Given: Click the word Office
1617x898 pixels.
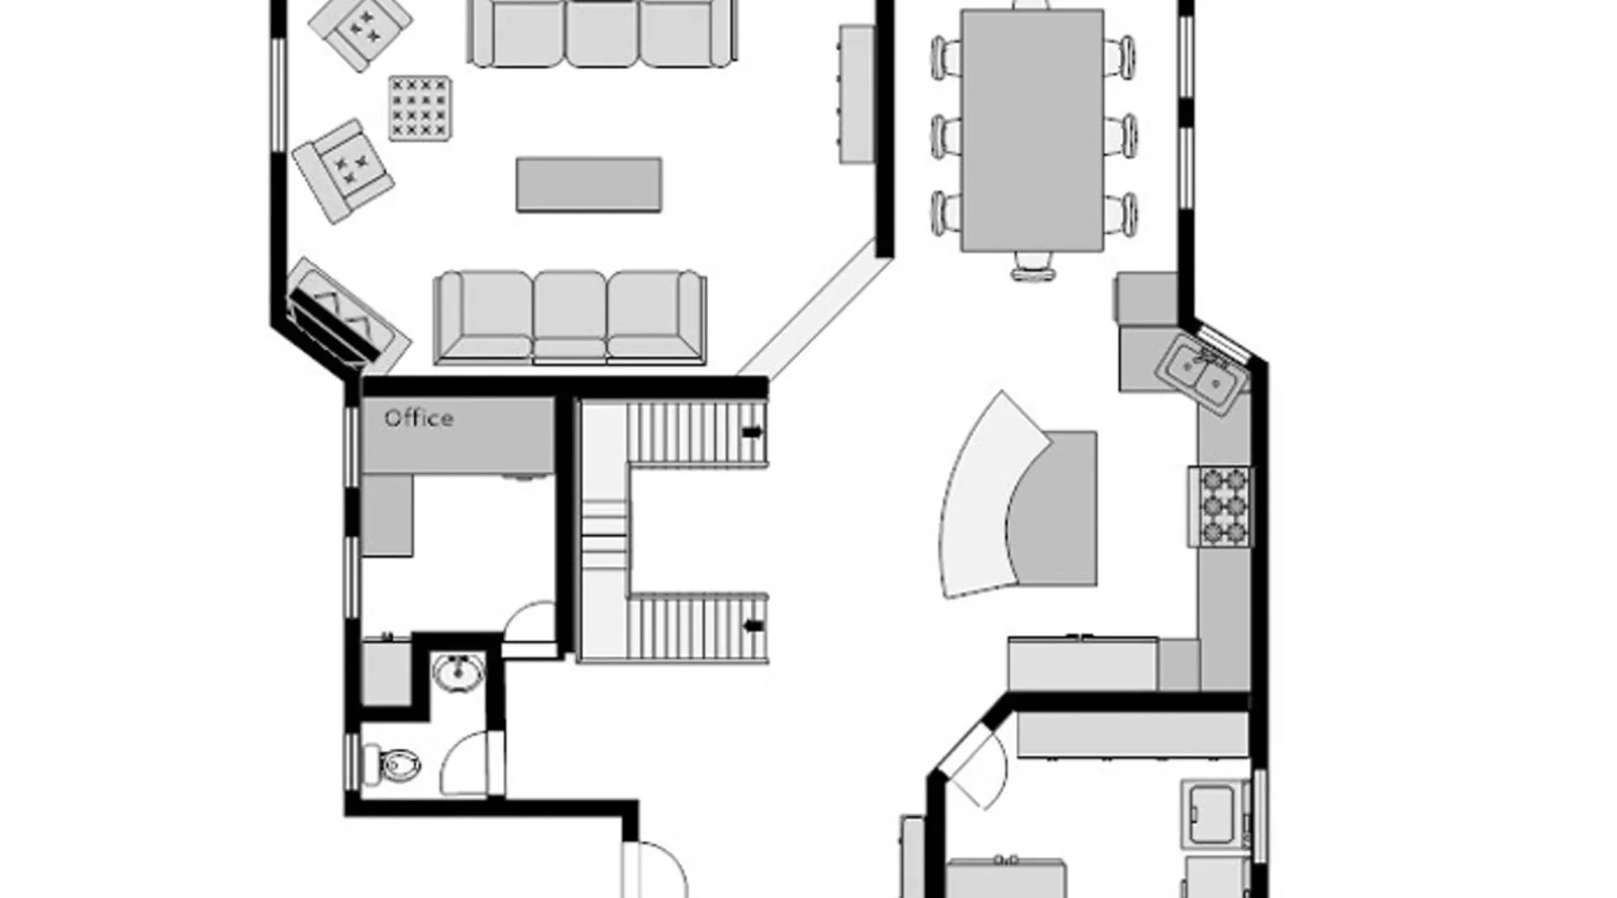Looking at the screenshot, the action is (x=419, y=418).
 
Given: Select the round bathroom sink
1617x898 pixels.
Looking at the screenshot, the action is (x=458, y=673).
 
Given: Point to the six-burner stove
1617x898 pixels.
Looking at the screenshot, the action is (x=1219, y=506).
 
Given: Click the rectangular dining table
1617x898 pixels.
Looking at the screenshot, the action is (x=1032, y=131).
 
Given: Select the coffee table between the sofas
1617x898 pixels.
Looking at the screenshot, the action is (x=589, y=185).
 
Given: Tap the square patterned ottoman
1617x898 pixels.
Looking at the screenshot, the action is (x=420, y=108).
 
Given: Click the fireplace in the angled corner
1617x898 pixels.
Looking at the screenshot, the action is (x=347, y=318).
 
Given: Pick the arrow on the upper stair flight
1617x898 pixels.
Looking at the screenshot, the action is (x=752, y=432).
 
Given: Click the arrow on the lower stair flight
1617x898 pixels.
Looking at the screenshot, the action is (x=754, y=625).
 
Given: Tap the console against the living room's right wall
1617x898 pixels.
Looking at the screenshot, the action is (x=857, y=93).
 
